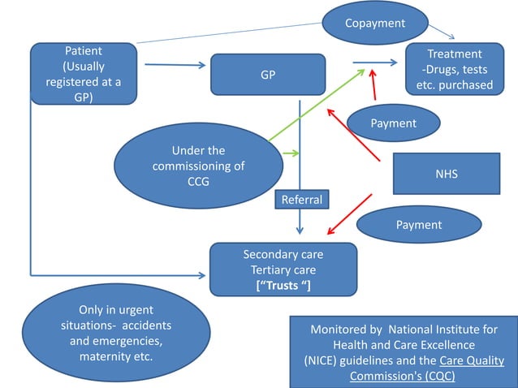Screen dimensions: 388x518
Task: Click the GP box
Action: click(x=267, y=75)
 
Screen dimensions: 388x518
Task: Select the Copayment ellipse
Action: click(x=374, y=23)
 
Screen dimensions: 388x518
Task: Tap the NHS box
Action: click(x=446, y=174)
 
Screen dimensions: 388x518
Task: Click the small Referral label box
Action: click(x=301, y=200)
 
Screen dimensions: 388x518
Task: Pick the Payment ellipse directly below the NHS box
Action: click(x=418, y=224)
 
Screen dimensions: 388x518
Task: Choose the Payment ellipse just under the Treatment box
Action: click(x=393, y=123)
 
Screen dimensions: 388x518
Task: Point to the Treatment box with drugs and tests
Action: click(x=460, y=69)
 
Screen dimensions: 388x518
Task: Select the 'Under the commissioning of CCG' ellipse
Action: click(x=198, y=166)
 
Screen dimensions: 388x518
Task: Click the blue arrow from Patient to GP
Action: click(x=172, y=65)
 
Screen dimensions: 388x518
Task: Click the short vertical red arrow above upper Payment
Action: click(x=373, y=84)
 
